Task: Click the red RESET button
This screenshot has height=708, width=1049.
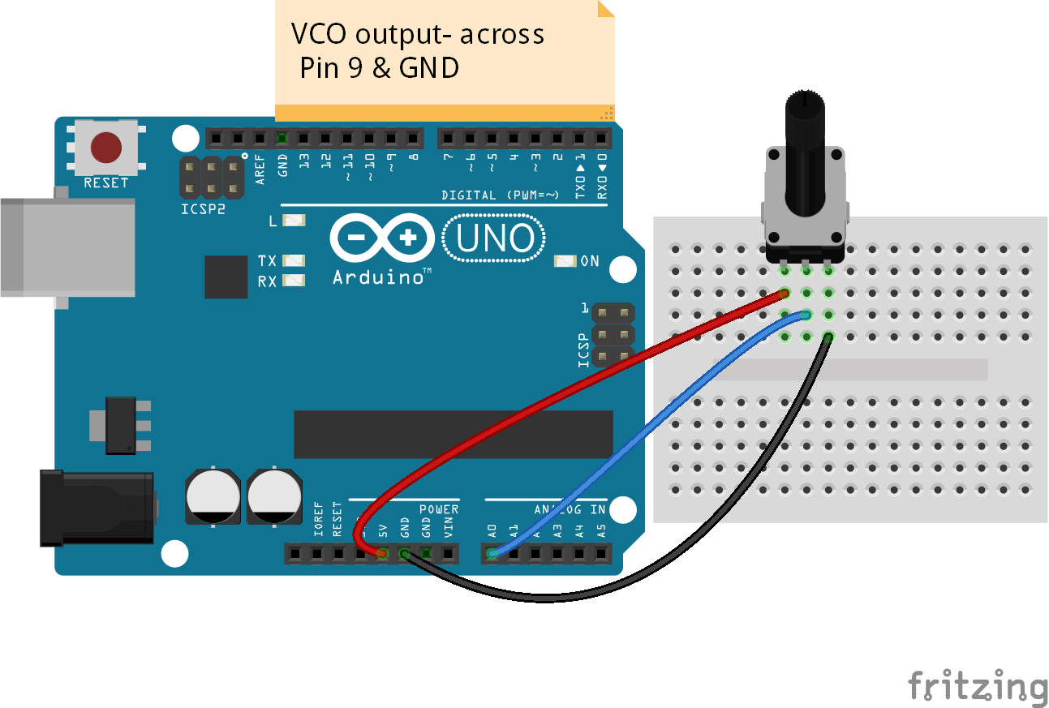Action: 106,148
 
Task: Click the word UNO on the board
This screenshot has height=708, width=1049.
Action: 495,238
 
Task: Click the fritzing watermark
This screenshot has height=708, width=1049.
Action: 977,686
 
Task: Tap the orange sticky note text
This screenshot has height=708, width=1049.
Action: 417,50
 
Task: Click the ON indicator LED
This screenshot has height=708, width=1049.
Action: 565,261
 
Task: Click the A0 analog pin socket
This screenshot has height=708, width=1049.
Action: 492,555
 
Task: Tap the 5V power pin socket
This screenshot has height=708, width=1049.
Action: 382,555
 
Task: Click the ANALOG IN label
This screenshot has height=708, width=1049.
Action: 570,509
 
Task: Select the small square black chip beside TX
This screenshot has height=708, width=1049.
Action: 226,277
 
